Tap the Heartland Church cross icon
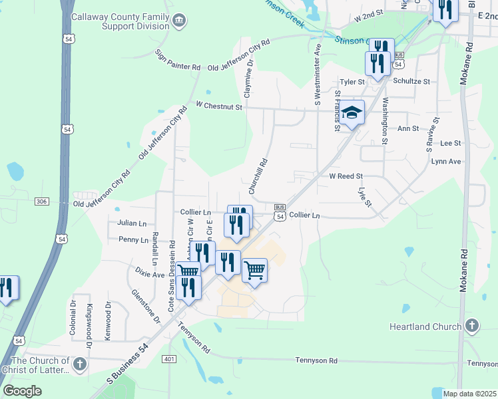(472, 326)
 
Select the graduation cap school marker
(352, 114)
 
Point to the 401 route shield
(168, 359)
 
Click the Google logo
(23, 391)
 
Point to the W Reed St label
(346, 176)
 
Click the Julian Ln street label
(131, 224)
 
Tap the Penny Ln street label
(133, 239)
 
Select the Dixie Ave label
(149, 273)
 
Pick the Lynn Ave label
(446, 162)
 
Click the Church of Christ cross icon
(80, 364)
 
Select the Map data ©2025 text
(470, 394)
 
